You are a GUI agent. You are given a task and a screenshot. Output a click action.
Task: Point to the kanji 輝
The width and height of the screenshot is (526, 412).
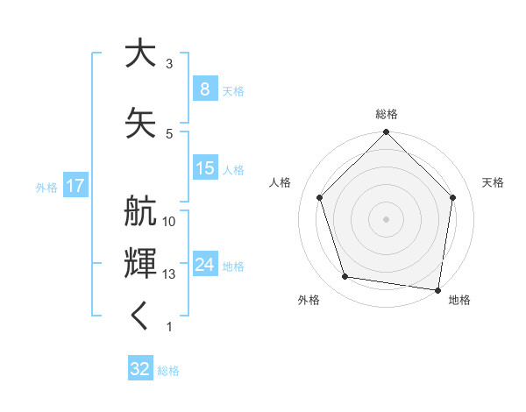(140, 262)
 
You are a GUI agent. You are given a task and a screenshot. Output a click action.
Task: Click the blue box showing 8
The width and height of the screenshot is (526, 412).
(204, 89)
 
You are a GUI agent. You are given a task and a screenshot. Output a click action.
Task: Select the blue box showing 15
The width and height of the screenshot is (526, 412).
(204, 168)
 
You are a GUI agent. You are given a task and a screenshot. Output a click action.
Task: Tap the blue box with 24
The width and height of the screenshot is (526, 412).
(204, 265)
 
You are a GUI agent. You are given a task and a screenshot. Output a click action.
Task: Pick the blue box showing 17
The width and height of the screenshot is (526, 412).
(75, 186)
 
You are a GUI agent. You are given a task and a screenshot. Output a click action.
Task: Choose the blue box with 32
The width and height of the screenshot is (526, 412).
(139, 369)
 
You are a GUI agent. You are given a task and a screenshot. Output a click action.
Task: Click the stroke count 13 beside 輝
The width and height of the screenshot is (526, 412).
(169, 274)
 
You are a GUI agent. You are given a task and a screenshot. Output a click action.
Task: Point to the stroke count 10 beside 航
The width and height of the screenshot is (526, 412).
(169, 222)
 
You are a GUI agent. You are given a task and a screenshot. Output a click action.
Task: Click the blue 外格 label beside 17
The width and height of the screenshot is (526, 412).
(46, 187)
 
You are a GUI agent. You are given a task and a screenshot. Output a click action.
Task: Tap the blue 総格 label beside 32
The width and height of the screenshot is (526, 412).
(169, 371)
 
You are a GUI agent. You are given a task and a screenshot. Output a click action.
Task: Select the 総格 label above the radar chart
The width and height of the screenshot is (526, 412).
(386, 114)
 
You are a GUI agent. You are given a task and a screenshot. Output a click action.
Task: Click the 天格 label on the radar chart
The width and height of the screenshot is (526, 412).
(493, 182)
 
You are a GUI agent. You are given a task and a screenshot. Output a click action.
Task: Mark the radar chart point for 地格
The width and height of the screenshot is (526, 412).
(438, 289)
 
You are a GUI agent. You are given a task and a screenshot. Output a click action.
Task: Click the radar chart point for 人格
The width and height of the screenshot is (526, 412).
(319, 197)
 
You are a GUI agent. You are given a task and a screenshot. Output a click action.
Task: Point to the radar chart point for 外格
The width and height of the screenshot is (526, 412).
(345, 277)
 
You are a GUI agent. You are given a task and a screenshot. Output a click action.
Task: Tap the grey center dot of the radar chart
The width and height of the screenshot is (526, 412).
(386, 218)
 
